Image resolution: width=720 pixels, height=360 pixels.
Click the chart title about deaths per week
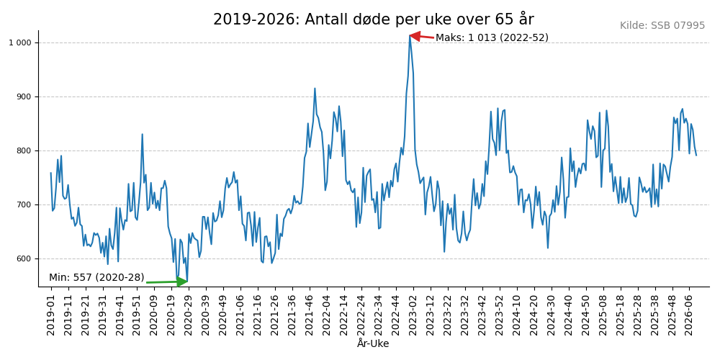373,19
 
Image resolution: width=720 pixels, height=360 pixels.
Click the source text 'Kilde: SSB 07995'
662,26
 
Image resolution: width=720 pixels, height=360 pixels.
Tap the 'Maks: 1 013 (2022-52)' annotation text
492,37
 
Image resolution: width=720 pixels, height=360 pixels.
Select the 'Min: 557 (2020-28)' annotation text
96,278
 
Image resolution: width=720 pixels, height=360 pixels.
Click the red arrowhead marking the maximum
415,36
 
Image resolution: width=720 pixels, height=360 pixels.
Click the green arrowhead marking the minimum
181,282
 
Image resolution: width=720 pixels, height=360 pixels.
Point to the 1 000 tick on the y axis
20,43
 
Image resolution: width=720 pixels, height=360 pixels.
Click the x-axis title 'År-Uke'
373,344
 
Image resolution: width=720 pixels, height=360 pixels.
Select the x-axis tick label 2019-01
51,314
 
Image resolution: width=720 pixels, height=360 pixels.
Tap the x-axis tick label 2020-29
189,314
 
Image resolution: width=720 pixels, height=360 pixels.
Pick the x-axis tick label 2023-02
413,314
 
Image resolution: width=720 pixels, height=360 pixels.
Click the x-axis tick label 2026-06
689,314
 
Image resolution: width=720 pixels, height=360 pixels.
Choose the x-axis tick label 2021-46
310,314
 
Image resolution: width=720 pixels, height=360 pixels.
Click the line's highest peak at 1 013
410,35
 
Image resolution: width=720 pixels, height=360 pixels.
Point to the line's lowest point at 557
177,282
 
